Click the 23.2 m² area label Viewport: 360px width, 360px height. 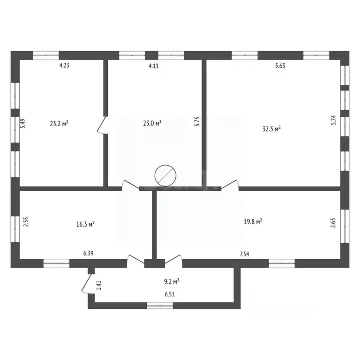tap(59, 124)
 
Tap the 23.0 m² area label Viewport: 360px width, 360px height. tap(152, 123)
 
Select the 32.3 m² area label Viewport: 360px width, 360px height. tap(271, 128)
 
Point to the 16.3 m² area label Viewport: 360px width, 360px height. tap(86, 224)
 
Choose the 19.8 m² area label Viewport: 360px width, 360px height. tap(252, 221)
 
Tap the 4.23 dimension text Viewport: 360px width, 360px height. tap(64, 66)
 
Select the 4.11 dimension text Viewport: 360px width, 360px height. tap(154, 66)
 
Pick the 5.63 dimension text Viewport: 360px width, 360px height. tap(280, 66)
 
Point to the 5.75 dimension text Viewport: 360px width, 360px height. tap(197, 122)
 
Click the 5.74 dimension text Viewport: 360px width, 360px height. tap(333, 120)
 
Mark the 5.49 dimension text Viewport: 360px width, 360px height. tap(22, 123)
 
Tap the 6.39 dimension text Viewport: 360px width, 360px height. tap(89, 254)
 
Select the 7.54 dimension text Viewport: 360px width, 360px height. tap(244, 254)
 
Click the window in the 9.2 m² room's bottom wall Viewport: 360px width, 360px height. tap(160, 306)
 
